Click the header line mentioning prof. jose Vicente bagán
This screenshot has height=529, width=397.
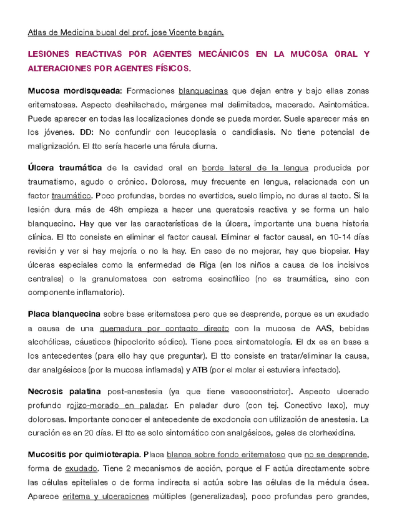pos(126,32)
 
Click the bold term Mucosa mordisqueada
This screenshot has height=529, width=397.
pos(75,92)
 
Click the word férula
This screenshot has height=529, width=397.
pos(173,146)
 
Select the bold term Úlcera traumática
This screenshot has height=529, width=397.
pos(65,168)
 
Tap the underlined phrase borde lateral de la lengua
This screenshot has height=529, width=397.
pos(255,168)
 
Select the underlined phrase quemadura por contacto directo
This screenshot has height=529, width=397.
pos(164,328)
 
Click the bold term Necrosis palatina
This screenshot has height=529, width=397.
pos(64,391)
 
